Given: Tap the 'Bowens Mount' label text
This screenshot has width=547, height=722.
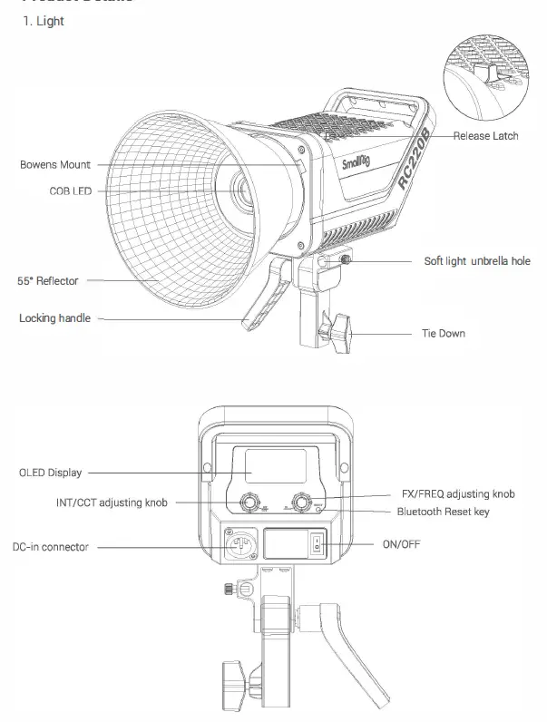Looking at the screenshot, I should pyautogui.click(x=55, y=165).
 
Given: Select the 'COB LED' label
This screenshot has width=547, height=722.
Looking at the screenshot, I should pyautogui.click(x=72, y=191).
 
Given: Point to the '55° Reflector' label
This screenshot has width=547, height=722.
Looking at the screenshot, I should pyautogui.click(x=48, y=281).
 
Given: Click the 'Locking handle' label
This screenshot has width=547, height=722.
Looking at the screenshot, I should pyautogui.click(x=54, y=318).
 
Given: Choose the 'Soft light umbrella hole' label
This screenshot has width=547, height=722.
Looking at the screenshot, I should pyautogui.click(x=477, y=261).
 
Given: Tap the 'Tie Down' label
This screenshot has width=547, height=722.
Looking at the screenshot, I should pyautogui.click(x=443, y=334).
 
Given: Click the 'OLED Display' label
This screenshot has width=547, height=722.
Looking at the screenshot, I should pyautogui.click(x=51, y=473).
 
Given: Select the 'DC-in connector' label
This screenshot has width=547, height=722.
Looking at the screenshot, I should pyautogui.click(x=51, y=548).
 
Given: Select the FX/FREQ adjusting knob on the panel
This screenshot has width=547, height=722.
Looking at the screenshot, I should pyautogui.click(x=300, y=503).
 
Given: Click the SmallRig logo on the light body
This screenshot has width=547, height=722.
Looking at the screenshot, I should pyautogui.click(x=357, y=163).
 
